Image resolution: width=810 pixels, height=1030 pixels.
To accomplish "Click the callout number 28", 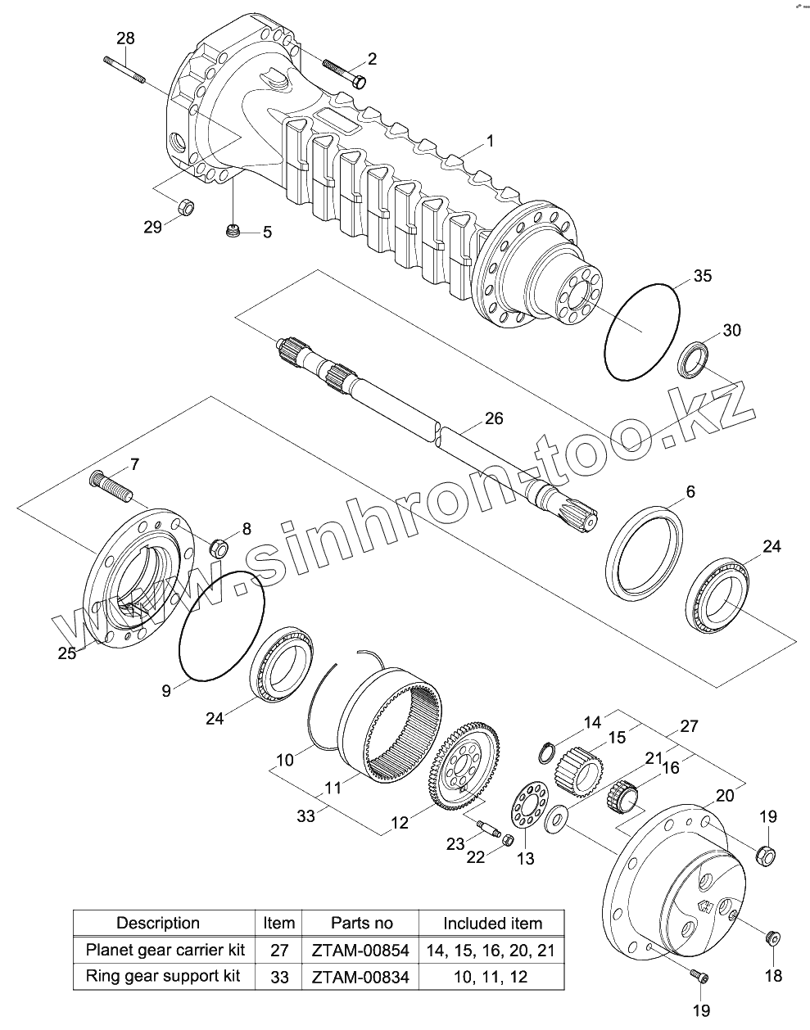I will (x=126, y=38).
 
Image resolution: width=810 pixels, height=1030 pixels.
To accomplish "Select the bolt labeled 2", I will (x=344, y=72).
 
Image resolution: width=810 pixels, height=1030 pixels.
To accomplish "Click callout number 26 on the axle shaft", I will (x=493, y=418).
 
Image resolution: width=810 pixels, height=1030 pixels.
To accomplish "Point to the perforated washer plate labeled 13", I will (x=527, y=809).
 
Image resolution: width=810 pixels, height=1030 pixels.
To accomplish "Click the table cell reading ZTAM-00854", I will (x=361, y=951).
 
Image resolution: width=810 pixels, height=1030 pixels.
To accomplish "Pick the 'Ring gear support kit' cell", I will (x=165, y=976).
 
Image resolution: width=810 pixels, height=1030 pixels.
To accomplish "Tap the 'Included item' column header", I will (x=492, y=924).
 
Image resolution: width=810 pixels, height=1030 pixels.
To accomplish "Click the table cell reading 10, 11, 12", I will (x=492, y=976).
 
